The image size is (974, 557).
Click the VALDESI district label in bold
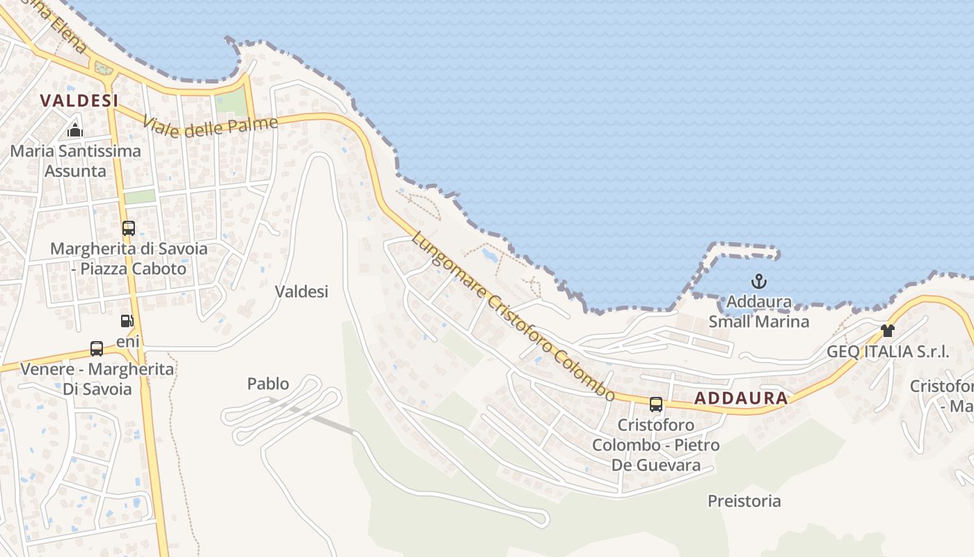coord(79,100)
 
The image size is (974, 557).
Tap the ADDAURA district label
coord(741,398)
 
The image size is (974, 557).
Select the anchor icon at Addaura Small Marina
coord(759,282)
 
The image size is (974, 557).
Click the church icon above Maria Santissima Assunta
coord(75,130)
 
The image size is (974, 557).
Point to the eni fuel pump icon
coord(127,321)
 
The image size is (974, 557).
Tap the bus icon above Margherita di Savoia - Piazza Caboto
coord(129,228)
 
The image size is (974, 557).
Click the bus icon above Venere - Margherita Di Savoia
coord(97,349)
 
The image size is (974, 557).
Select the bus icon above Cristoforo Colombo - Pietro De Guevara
coord(656,404)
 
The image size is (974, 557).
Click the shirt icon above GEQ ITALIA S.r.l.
coord(887,331)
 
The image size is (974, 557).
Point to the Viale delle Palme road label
coord(210,127)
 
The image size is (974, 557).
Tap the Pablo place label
coord(268,383)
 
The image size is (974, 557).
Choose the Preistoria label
coord(744,501)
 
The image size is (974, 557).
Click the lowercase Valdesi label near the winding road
coord(301,291)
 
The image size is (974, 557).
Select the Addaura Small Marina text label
coord(758,312)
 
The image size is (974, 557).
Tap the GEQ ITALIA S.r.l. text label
coord(887,352)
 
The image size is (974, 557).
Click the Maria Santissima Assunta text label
coord(75,161)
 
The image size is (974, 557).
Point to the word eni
coord(128,341)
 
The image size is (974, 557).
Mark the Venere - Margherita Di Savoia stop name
coord(97,379)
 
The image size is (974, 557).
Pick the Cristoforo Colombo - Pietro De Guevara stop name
coord(655,445)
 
